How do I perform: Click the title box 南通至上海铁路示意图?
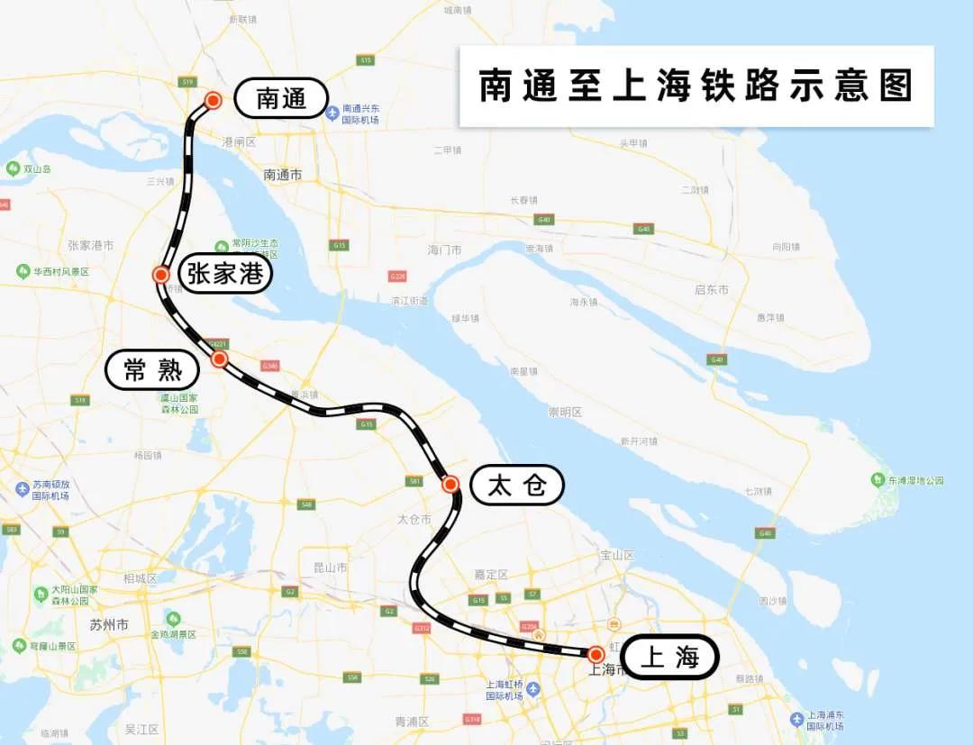[x=696, y=86]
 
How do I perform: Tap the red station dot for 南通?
[x=214, y=100]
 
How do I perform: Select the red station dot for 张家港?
[x=161, y=275]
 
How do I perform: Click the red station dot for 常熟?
[x=219, y=359]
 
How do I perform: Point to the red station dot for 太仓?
[x=451, y=485]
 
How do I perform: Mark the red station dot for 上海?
[x=596, y=655]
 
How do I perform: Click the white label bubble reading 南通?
[x=281, y=98]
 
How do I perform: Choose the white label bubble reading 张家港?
[x=225, y=273]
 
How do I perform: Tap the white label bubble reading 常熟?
[x=151, y=369]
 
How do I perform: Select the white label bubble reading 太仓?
[x=517, y=486]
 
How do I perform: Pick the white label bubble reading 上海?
[x=669, y=658]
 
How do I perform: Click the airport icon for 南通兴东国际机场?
[x=332, y=114]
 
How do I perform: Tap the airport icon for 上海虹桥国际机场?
[x=533, y=689]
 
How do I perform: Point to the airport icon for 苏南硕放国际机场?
[x=23, y=489]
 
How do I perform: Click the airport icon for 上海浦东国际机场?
[x=796, y=719]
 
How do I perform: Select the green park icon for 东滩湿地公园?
[x=878, y=479]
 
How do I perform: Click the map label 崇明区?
[x=565, y=412]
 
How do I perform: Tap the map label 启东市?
[x=712, y=289]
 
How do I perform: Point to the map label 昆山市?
[x=330, y=568]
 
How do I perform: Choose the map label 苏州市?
[x=109, y=624]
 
